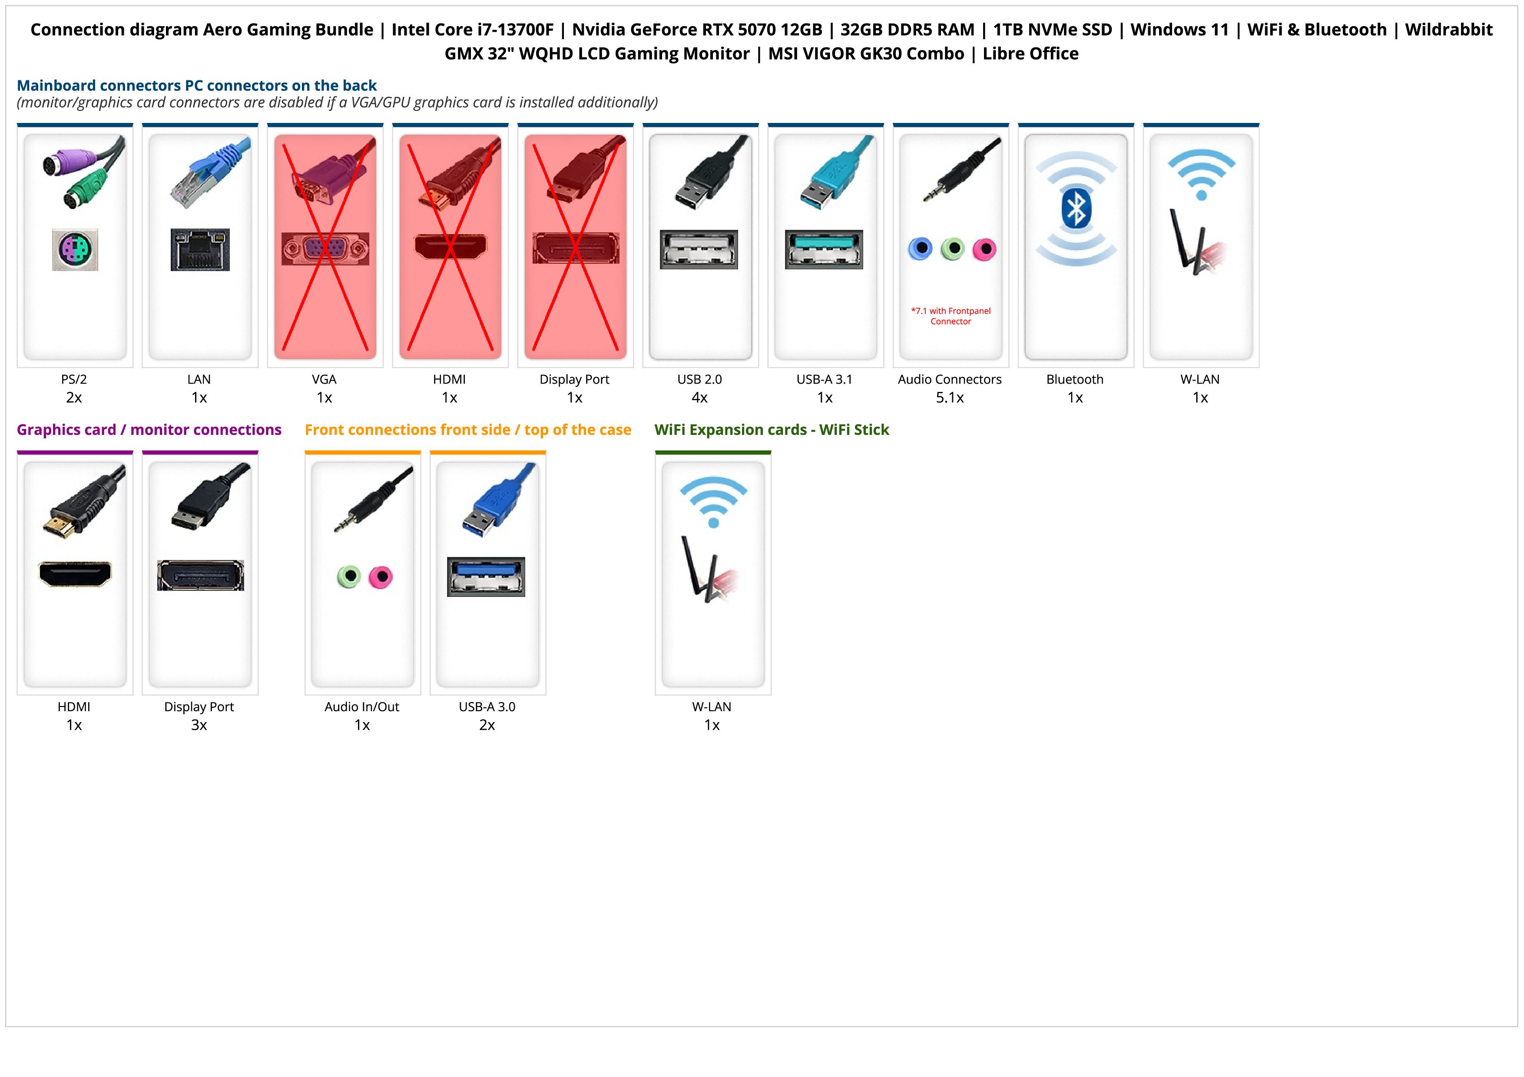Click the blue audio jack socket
(x=920, y=249)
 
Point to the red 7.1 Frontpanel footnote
(x=951, y=316)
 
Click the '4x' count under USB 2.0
(x=699, y=398)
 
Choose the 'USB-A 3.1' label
(x=825, y=380)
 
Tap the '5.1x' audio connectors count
(x=950, y=398)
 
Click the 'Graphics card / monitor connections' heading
(x=149, y=430)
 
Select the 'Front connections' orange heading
(x=467, y=430)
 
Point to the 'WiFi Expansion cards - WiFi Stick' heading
(x=771, y=430)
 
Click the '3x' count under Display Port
(x=199, y=725)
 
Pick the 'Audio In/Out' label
(x=362, y=707)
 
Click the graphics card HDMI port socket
(x=75, y=574)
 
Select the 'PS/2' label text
(x=74, y=380)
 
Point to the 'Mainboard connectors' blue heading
(x=196, y=86)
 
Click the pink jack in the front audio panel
(x=380, y=577)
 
